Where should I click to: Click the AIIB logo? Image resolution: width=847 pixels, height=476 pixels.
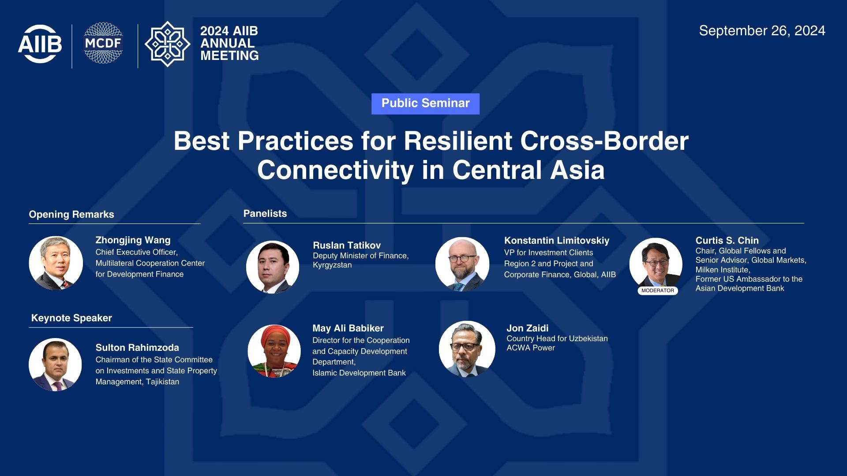40,44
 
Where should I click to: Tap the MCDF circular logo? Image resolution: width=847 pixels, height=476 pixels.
103,43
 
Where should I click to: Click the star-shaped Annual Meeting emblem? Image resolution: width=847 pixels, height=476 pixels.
168,44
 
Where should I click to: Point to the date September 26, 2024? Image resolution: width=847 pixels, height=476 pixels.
762,31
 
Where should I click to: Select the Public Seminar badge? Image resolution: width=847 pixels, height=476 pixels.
425,104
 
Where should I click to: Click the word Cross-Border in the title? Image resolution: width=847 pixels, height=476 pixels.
604,141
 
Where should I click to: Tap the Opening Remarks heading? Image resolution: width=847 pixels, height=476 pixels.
71,215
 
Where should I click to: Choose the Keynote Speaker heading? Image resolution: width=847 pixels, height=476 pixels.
71,318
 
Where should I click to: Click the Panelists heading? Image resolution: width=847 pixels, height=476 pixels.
265,214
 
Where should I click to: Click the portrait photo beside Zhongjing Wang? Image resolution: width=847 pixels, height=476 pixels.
56,263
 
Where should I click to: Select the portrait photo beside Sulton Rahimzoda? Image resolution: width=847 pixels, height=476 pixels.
55,364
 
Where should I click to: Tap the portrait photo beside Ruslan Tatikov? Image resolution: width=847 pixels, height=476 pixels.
273,267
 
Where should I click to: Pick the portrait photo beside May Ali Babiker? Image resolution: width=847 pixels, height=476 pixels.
274,351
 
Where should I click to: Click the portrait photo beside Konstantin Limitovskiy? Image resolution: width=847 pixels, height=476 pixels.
462,264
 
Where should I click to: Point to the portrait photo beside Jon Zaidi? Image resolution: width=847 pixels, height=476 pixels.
467,349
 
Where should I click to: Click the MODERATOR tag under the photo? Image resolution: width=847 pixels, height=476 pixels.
658,291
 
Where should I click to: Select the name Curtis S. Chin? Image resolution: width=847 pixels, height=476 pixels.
727,241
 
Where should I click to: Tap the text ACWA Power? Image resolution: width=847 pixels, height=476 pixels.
531,348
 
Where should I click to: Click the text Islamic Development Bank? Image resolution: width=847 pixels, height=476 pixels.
359,373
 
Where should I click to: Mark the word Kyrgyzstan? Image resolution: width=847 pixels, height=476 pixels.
332,265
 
